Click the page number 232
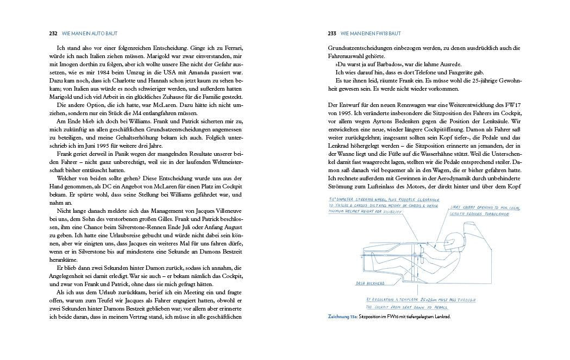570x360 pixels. (53, 33)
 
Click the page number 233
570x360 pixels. (332, 33)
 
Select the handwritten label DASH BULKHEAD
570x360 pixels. (370, 283)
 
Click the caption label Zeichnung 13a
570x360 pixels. (342, 317)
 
